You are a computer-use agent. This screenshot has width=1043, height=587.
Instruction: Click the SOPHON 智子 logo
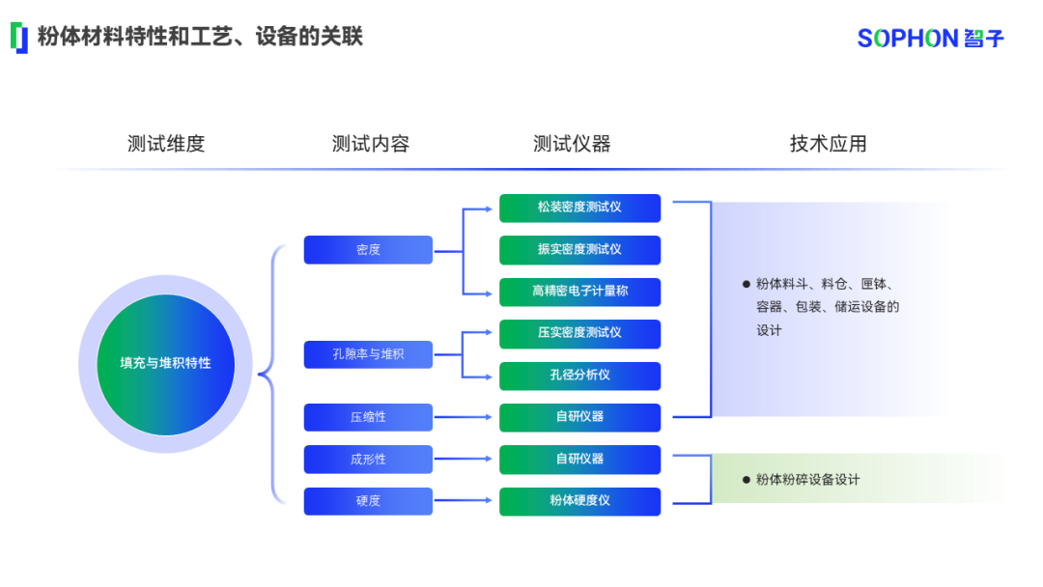(930, 38)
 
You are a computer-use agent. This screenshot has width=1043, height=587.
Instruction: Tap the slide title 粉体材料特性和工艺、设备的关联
(200, 37)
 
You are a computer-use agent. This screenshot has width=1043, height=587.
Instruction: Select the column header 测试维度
(166, 144)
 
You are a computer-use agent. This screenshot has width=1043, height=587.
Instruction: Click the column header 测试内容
(371, 144)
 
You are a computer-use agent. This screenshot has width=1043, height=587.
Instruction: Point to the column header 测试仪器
(572, 144)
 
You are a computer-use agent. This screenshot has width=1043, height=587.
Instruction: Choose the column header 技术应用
(828, 144)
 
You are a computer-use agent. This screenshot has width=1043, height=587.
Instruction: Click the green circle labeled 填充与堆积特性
(165, 364)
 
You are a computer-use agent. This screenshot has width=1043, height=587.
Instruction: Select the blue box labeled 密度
(368, 250)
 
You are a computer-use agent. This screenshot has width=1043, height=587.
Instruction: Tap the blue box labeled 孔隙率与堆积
(368, 354)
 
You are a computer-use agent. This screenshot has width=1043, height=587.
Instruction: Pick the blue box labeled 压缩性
(368, 417)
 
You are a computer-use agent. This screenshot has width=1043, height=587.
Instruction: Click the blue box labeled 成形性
(368, 460)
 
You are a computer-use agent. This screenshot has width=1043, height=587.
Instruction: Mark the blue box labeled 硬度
(368, 501)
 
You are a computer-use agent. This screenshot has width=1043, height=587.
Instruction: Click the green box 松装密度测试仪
(579, 208)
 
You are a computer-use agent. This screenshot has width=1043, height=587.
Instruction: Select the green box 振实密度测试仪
(579, 250)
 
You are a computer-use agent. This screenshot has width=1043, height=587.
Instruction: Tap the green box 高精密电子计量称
(579, 292)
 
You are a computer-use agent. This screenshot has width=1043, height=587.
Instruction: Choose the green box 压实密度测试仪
(579, 333)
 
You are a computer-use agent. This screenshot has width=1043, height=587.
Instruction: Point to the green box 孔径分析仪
(579, 376)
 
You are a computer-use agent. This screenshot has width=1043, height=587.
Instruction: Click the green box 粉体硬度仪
(579, 501)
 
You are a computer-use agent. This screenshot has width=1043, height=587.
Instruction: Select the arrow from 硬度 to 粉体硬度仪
(465, 501)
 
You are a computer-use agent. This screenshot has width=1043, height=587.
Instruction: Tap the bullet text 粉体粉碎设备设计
(807, 480)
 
